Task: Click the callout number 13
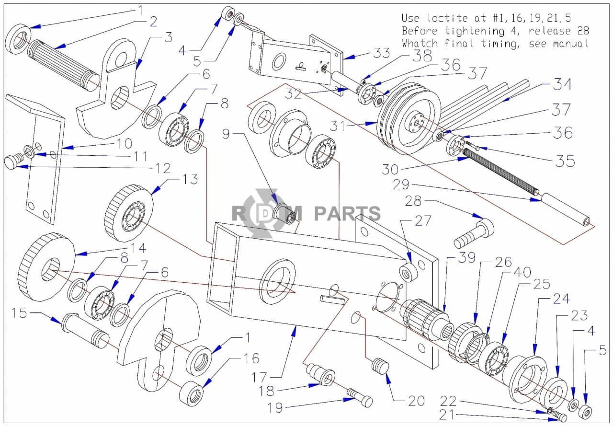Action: (x=190, y=179)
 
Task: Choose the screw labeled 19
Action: (x=359, y=397)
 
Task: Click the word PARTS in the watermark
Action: (x=347, y=213)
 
